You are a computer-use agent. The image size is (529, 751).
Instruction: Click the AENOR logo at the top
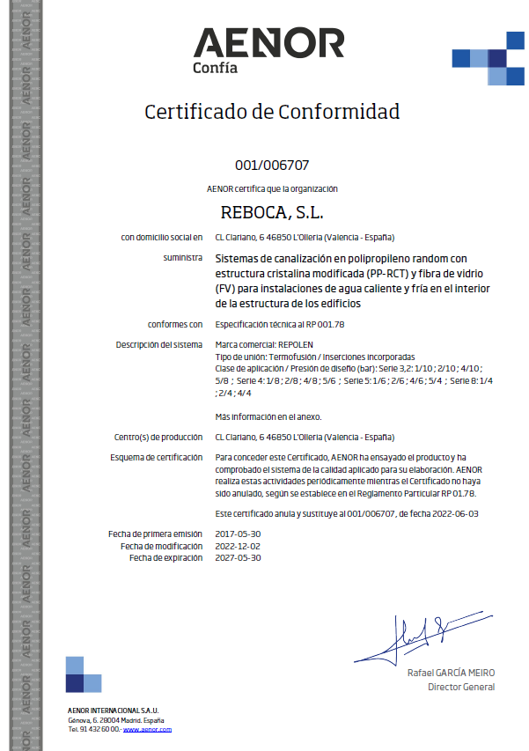click(268, 43)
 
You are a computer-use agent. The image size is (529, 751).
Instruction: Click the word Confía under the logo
click(215, 69)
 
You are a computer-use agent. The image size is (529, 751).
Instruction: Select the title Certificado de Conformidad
click(271, 112)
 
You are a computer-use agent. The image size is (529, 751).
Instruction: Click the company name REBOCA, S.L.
click(271, 213)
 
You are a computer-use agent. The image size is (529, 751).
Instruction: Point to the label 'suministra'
click(183, 258)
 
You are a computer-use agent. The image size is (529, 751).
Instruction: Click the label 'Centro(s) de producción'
click(159, 437)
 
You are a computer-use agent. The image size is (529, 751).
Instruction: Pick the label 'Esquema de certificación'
click(157, 458)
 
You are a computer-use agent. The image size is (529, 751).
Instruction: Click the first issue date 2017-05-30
click(238, 534)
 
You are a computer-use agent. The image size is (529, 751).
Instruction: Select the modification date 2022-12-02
click(238, 546)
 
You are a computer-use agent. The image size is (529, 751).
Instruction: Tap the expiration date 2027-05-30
click(238, 557)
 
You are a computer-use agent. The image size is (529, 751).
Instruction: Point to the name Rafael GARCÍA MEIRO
click(451, 673)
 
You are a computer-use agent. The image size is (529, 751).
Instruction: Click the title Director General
click(460, 687)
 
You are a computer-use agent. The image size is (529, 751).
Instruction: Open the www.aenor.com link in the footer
click(147, 729)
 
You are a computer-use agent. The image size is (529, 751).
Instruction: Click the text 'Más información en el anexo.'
click(268, 416)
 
